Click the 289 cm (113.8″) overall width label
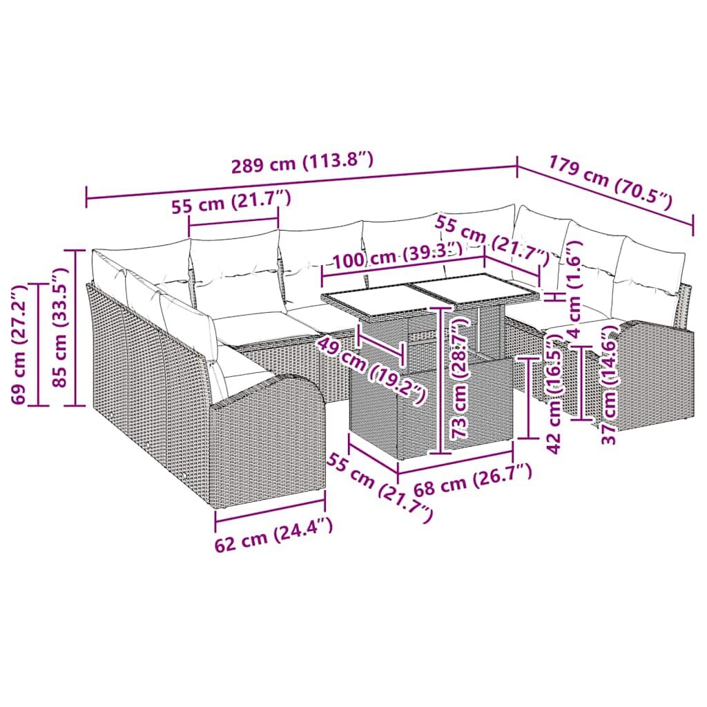[x=302, y=163]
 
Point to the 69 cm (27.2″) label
[x=19, y=345]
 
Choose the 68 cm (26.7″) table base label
[x=473, y=481]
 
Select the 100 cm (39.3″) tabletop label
[x=397, y=255]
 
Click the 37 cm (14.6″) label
[x=610, y=385]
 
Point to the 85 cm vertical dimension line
[x=76, y=327]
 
